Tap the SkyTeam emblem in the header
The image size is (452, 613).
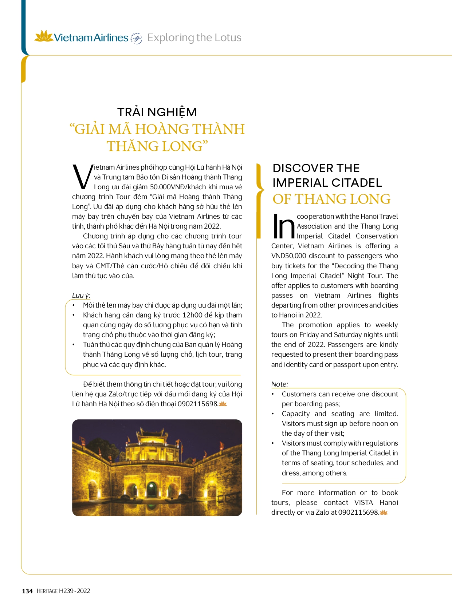pos(136,38)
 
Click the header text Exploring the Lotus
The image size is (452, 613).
pos(194,37)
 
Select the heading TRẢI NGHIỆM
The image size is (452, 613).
pos(157,112)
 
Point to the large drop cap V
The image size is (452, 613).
pos(82,177)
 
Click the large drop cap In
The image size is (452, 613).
pos(283,226)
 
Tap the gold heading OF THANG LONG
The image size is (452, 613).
pos(331,199)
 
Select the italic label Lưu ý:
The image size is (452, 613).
pos(81,295)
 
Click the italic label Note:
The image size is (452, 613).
pos(279,384)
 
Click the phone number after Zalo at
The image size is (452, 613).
pos(358,513)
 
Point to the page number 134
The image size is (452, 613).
pos(27,591)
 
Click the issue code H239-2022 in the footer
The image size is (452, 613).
pos(74,591)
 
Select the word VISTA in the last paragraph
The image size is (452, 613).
pos(363,503)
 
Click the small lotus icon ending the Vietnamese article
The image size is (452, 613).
pos(223,404)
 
